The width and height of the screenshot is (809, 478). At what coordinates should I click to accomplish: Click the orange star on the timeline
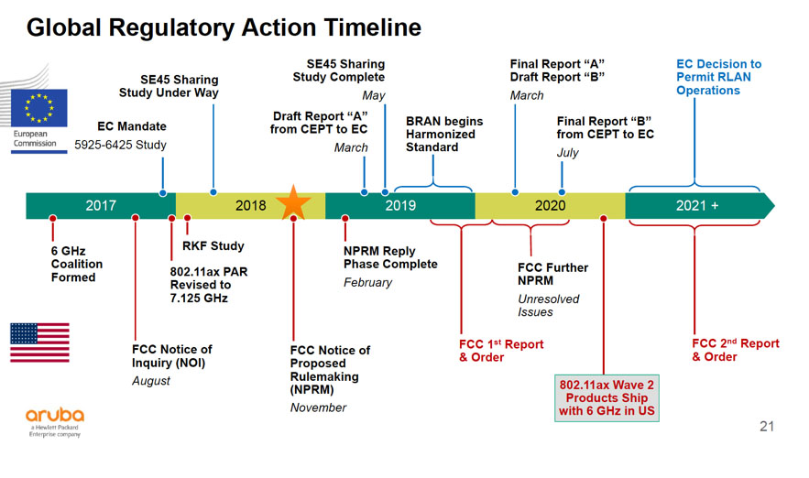pos(293,203)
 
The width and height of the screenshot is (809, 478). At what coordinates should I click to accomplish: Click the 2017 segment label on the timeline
pos(101,205)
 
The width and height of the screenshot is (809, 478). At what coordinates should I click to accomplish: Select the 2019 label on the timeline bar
pos(400,205)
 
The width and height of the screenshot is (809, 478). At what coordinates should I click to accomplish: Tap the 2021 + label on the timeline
pos(697,205)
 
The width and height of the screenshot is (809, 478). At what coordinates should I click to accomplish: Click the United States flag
pos(39,342)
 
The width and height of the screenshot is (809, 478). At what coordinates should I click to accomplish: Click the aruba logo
pos(55,417)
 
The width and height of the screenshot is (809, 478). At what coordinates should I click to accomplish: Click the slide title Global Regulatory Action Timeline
pos(224,28)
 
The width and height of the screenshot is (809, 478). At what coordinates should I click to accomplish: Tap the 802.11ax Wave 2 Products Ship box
pos(606,398)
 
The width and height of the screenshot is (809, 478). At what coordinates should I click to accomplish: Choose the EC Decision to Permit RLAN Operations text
pos(718,78)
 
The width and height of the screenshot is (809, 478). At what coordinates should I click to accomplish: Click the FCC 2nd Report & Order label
pos(735,350)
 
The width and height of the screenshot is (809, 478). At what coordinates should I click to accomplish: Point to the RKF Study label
pos(213,245)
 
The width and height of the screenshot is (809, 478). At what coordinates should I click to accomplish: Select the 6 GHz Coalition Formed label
pos(77,264)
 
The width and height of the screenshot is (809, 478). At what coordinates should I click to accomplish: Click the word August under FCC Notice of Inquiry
pos(151,381)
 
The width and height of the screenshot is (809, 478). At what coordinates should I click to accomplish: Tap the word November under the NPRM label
pos(318,407)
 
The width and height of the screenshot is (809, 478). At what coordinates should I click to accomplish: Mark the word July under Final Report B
pos(567,153)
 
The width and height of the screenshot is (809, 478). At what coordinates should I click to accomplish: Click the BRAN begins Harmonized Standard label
pos(444,134)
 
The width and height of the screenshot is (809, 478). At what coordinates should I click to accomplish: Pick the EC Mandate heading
pos(131,126)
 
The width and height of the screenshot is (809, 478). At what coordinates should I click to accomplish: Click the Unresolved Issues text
pos(549,306)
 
